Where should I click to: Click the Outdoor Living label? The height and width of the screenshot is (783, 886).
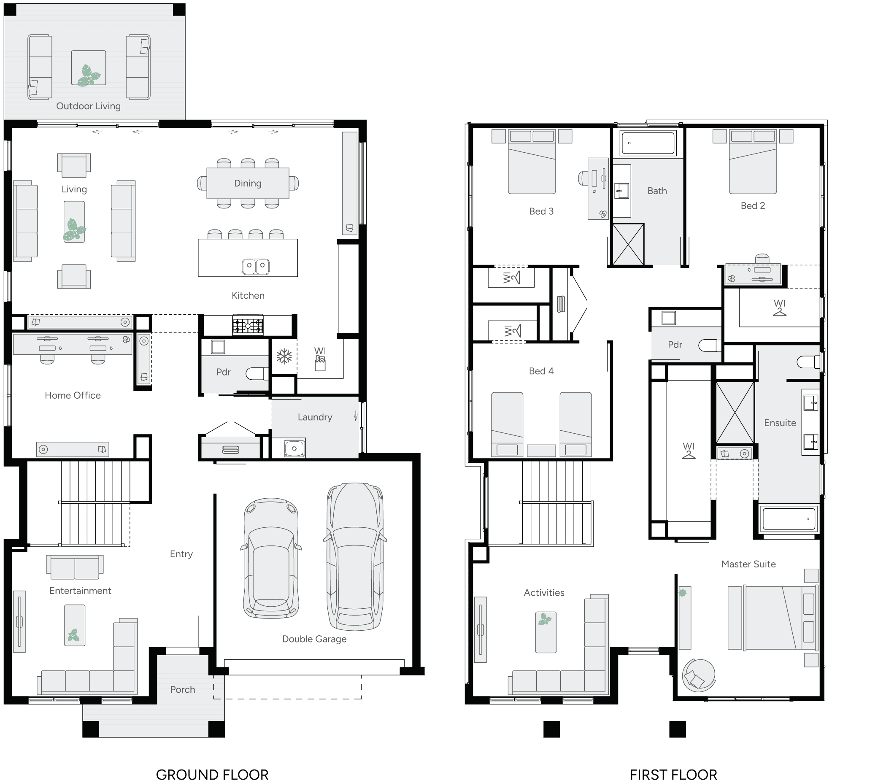pos(89,106)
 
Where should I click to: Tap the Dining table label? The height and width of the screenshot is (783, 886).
pos(248,183)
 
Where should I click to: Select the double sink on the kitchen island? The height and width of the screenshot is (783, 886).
pos(256,266)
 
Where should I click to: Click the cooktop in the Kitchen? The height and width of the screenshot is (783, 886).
pos(248,325)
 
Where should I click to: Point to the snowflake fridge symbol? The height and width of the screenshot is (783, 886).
pos(284,356)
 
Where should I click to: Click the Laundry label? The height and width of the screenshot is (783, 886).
pos(315,417)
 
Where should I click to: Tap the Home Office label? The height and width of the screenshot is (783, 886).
pos(73,395)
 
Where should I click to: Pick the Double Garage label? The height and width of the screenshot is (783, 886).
pos(314,639)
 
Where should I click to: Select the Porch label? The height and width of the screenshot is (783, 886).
pos(183,689)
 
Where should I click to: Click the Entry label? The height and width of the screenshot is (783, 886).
pos(181,554)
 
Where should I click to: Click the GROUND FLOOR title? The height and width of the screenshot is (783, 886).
pos(212,774)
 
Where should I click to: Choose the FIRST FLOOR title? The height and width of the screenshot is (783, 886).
pos(673,774)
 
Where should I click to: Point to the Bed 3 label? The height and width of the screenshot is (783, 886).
pos(541,211)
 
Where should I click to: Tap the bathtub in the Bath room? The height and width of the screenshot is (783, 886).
pos(648,143)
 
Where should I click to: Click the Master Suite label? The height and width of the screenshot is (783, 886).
pos(748,564)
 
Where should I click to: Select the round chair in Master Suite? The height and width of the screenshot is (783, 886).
pos(698,675)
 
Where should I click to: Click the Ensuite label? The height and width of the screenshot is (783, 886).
pos(780,423)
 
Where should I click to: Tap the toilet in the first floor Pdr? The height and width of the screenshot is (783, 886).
pos(710,346)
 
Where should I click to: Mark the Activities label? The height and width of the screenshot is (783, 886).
pos(544,593)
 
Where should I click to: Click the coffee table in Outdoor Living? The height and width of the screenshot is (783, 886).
pos(89,68)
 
